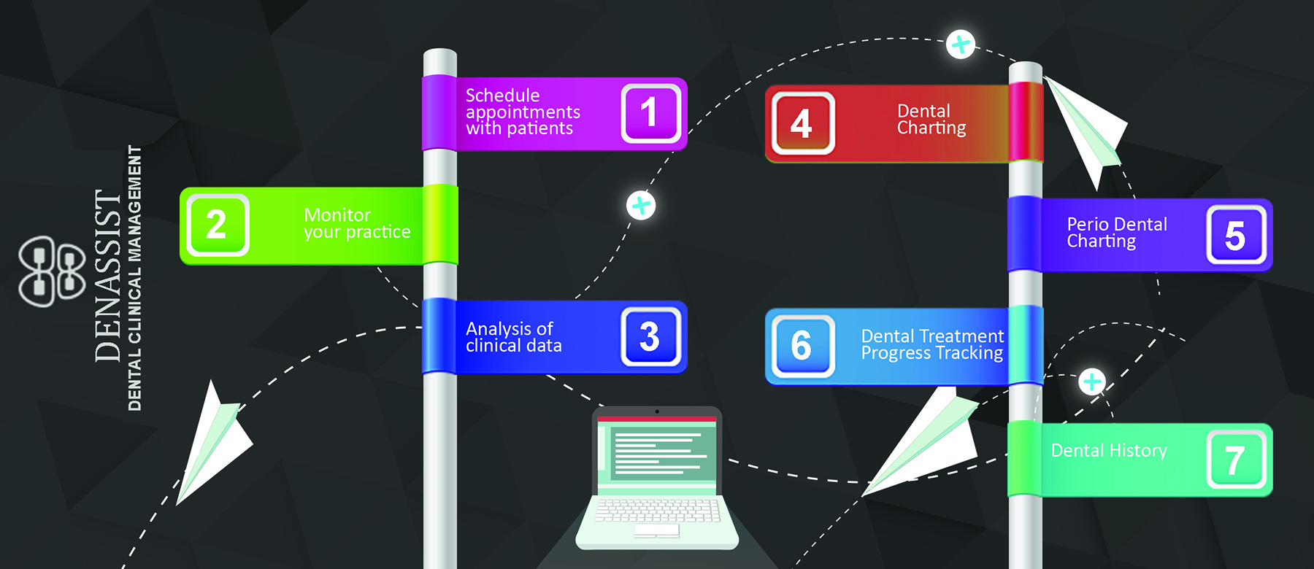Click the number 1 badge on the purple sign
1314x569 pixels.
coord(650,113)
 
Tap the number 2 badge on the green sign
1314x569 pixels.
coord(217,225)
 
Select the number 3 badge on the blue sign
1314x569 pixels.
coord(650,336)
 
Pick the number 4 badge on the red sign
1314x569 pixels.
coord(802,123)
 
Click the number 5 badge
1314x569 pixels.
coord(1235,235)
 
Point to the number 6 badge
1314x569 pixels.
coord(802,346)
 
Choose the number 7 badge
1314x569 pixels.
coord(1235,460)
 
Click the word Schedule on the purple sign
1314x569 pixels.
coord(502,96)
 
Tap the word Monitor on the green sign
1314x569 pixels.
coord(337,215)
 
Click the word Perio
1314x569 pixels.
coord(1086,225)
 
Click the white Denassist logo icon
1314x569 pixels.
coord(51,271)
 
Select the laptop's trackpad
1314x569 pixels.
coord(656,530)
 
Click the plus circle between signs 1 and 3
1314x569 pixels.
coord(641,206)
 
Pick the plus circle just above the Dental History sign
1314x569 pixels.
coord(1092,382)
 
